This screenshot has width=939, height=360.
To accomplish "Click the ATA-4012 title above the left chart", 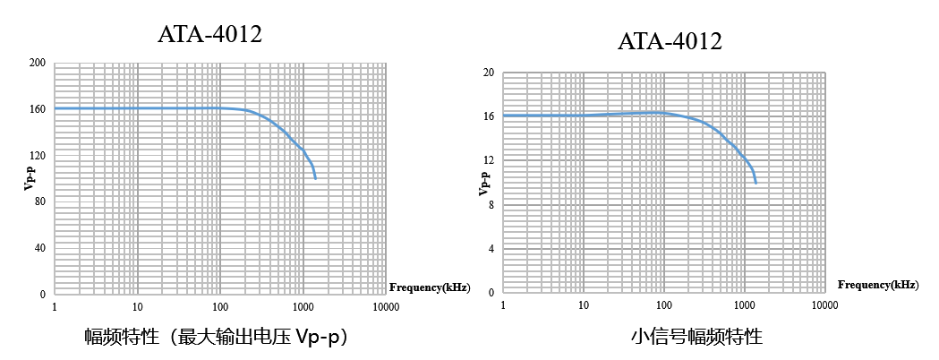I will (x=209, y=35).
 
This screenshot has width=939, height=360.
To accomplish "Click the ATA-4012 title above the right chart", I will (x=670, y=41).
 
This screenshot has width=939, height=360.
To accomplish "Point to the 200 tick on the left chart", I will (x=38, y=63).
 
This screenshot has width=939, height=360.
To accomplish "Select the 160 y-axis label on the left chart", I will (x=38, y=109).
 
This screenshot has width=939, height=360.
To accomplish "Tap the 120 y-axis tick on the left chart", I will (x=38, y=156).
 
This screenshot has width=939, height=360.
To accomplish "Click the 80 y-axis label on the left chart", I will (x=40, y=201).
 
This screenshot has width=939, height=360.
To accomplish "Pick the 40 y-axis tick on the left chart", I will (x=40, y=248).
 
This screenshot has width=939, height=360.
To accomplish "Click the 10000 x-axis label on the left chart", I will (x=385, y=306).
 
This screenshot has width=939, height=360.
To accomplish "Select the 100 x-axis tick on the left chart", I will (x=219, y=306).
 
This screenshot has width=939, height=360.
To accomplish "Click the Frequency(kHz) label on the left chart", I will (x=429, y=287).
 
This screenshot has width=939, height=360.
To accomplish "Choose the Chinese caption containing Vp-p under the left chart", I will (x=216, y=338).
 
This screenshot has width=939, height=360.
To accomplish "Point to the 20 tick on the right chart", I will (x=489, y=73).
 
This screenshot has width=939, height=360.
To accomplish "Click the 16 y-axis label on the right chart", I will (x=489, y=116).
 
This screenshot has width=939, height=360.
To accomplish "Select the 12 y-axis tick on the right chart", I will (x=489, y=160).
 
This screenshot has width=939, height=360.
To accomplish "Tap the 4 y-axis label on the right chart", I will (x=491, y=248).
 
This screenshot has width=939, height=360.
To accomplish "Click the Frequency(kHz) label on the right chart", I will (x=877, y=285).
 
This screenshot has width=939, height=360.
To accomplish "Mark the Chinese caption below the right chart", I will (x=696, y=338).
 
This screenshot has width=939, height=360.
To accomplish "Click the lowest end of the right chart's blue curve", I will (x=756, y=183).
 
